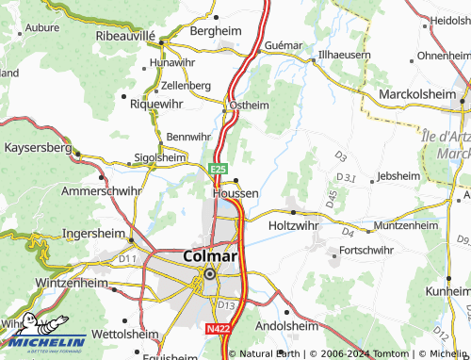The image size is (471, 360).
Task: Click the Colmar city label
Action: click(x=208, y=255)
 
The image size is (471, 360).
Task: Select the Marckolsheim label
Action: click(x=417, y=95)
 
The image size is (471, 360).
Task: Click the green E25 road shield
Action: click(x=218, y=169)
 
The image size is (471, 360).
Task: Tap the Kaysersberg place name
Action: click(x=38, y=148)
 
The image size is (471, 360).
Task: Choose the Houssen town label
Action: click(x=235, y=192)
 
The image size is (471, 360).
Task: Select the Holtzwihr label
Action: click(x=296, y=226)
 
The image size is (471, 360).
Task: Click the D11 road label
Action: click(x=127, y=258)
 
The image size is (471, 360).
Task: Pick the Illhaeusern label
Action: click(x=345, y=56)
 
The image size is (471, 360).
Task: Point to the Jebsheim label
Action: click(x=397, y=175)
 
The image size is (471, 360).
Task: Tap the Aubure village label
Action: click(x=41, y=28)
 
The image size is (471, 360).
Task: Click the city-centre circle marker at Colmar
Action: click(x=209, y=274)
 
